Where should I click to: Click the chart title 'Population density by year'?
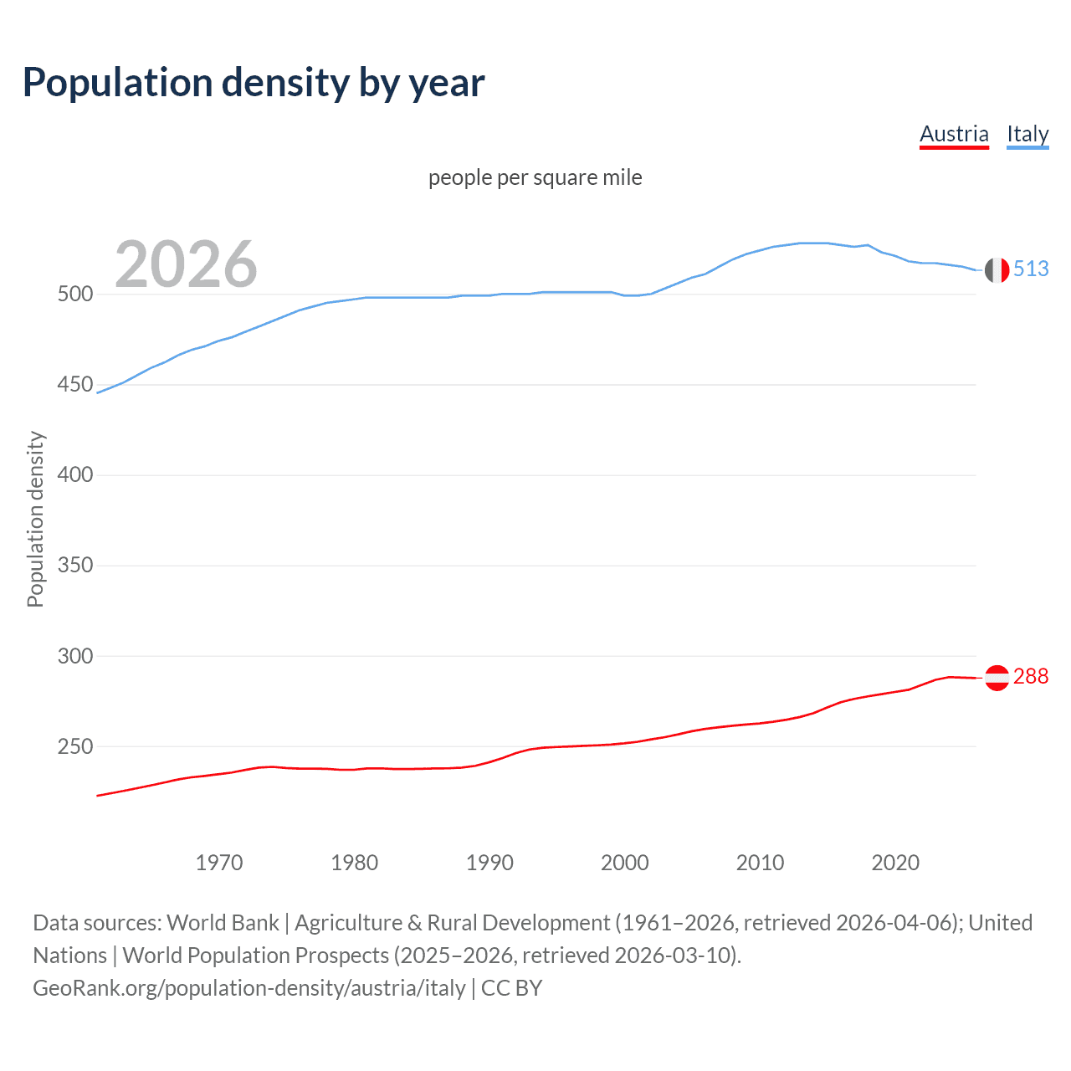coord(254,83)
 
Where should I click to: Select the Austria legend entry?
coord(954,134)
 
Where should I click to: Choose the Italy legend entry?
coord(1027,134)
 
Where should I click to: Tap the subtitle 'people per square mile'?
coord(535,177)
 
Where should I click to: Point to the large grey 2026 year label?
coord(186,264)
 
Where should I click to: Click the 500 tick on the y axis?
coord(74,295)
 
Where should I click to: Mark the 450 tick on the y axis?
coord(74,385)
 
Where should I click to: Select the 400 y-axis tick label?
coord(74,475)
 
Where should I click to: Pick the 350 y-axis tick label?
coord(74,566)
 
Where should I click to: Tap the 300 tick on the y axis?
coord(74,656)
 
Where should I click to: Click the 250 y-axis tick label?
coord(74,746)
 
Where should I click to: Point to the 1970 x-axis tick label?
coord(219,863)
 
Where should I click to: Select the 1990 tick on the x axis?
coord(489,863)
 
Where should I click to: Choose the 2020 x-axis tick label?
coord(895,863)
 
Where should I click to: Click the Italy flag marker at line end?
coord(997,270)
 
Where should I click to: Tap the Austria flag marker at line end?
coord(997,678)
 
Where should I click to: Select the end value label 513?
coord(1031,269)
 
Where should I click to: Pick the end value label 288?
coord(1031,676)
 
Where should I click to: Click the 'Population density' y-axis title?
coord(35,519)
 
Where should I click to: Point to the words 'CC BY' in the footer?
coord(511,988)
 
